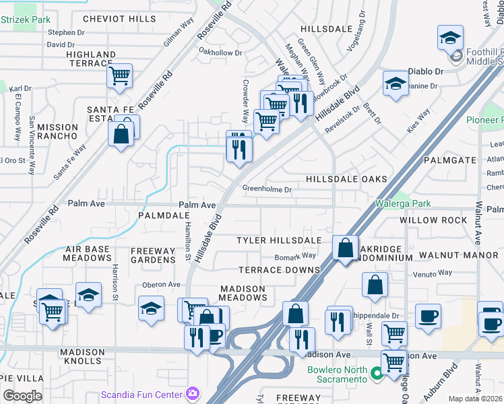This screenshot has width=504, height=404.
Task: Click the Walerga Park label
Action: pos(402,204)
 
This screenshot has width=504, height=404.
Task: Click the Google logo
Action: pos(22,396)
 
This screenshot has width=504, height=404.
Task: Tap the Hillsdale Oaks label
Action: pos(346,179)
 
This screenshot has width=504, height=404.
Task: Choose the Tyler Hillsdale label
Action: pos(279,240)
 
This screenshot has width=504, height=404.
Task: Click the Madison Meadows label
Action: pos(243,293)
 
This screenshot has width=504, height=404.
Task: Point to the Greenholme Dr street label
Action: pos(267,190)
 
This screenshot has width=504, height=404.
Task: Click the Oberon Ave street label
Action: pos(160,284)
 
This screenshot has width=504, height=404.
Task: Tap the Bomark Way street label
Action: pos(295,256)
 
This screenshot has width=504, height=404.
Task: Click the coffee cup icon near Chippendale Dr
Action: pos(428,316)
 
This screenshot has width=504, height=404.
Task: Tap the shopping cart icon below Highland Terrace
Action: pos(119,75)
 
